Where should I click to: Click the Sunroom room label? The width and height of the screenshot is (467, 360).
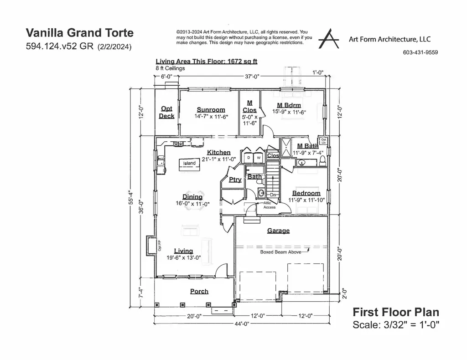(x=211, y=109)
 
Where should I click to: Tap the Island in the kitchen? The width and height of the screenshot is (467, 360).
(x=189, y=163)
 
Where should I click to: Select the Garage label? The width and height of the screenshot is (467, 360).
(x=278, y=231)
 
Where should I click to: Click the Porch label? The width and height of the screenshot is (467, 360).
(x=199, y=291)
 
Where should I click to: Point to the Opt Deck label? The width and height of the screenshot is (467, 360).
(x=166, y=112)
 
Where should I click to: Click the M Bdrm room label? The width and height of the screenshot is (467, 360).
(x=289, y=105)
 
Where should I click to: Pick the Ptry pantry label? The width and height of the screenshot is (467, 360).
(x=235, y=180)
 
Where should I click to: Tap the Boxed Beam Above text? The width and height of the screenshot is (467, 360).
(x=280, y=252)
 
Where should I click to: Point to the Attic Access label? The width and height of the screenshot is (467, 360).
(x=270, y=205)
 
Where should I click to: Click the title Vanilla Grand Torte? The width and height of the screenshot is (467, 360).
(x=80, y=33)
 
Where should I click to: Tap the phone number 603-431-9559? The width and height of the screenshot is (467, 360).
(x=420, y=52)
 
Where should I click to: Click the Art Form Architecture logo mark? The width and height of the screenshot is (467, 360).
(x=329, y=38)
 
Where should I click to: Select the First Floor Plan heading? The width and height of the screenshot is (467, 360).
(x=396, y=312)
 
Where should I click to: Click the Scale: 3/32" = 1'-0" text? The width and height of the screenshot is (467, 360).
(x=396, y=324)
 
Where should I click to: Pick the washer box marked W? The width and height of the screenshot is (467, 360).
(x=259, y=158)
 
